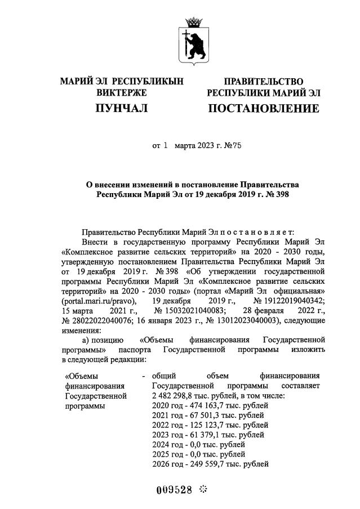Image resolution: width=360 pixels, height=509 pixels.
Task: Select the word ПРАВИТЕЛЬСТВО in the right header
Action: point(263,82)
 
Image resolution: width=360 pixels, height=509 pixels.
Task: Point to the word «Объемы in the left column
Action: point(82,376)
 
